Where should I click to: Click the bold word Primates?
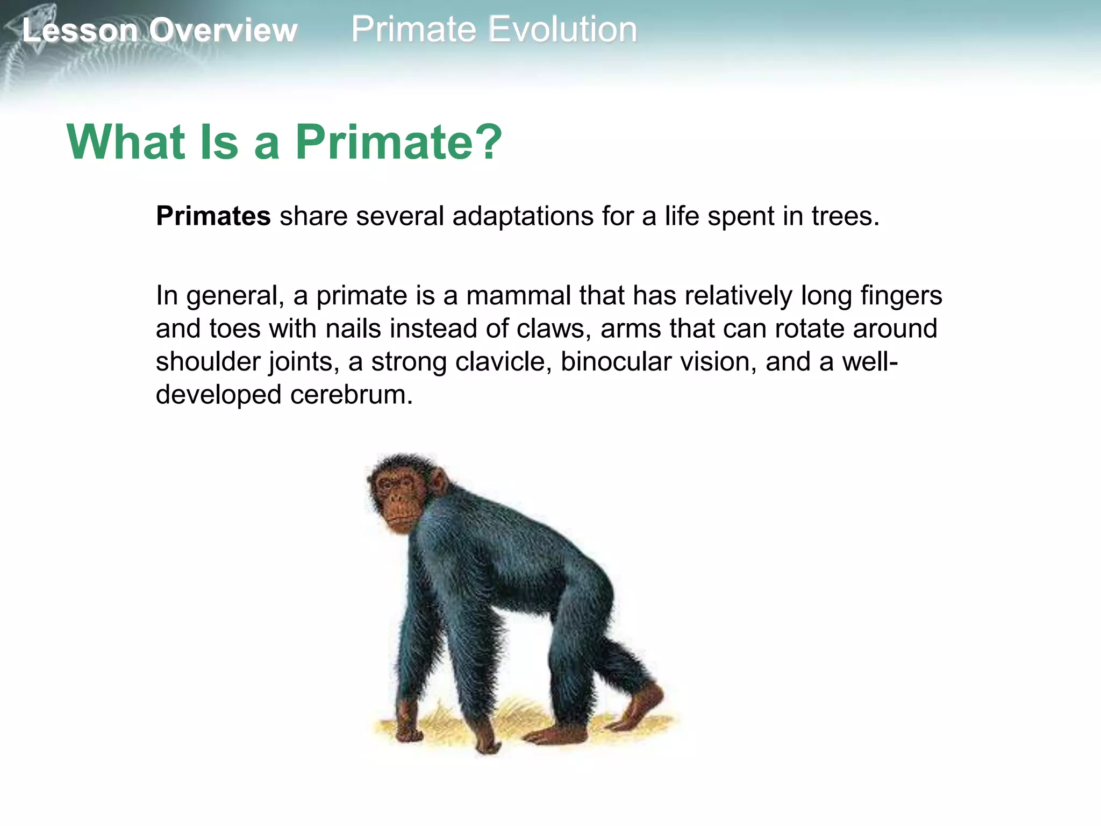[x=213, y=216]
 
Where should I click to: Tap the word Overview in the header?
[x=223, y=30]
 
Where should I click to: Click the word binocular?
[x=616, y=361]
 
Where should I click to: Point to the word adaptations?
[x=523, y=216]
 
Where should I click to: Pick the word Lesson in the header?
[x=80, y=30]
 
